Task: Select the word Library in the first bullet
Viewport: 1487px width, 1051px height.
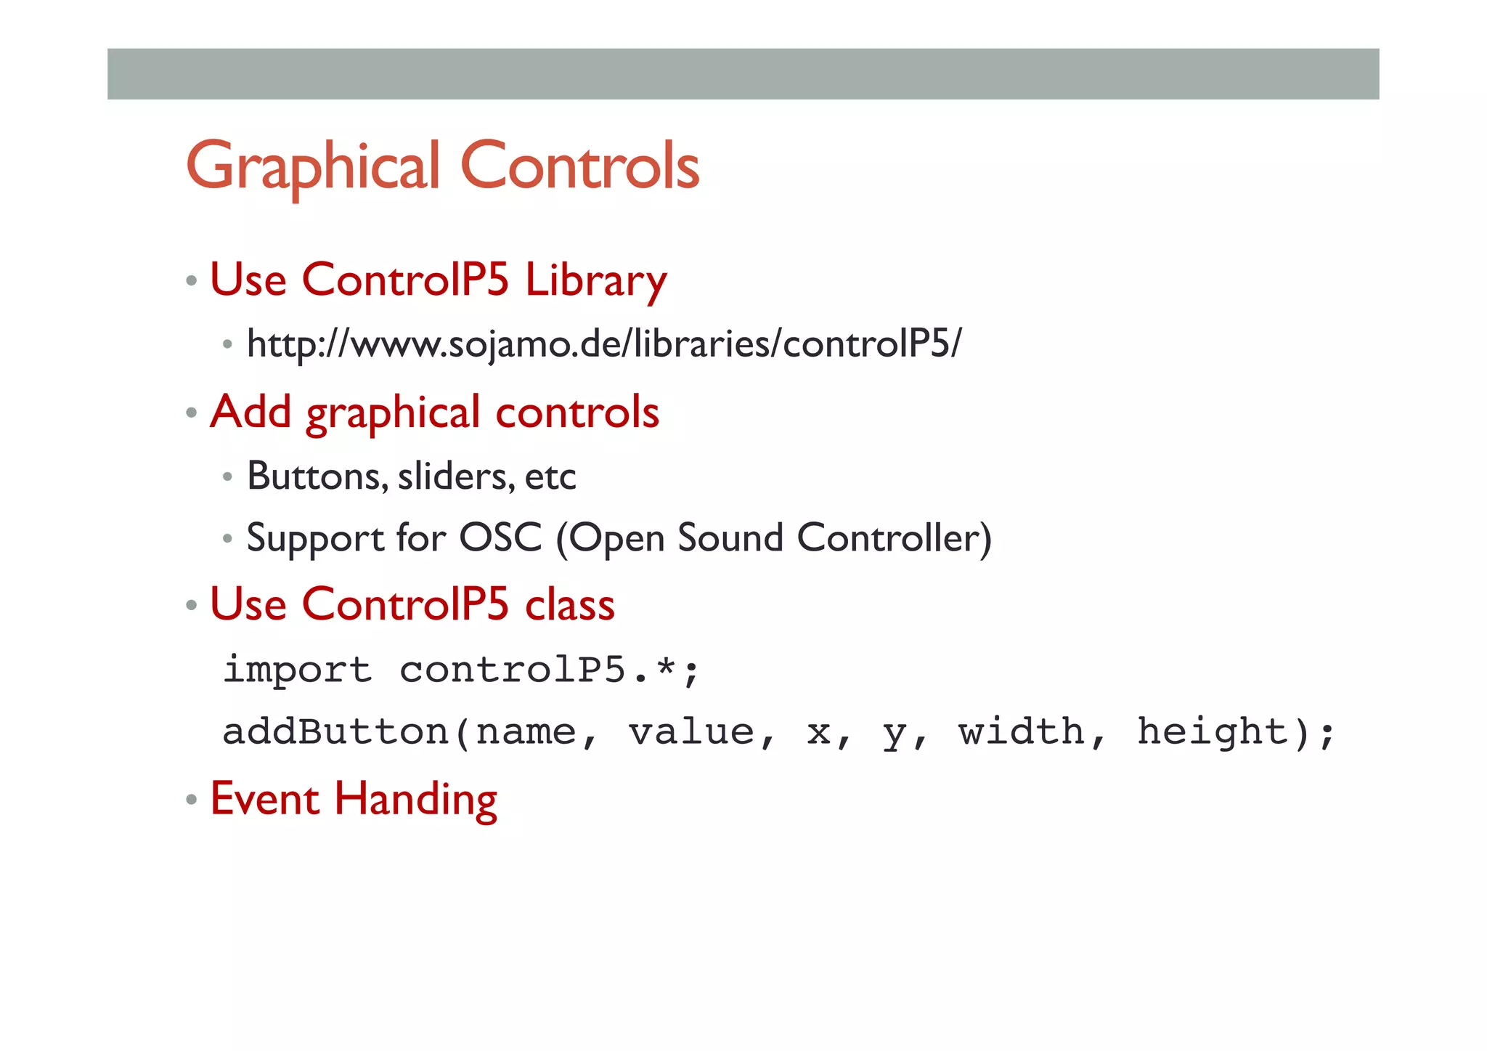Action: pos(595,280)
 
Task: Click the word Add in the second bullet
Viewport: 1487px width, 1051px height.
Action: pos(250,412)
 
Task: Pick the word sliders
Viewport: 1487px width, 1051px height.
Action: pos(455,476)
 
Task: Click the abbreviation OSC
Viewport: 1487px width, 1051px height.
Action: pos(501,538)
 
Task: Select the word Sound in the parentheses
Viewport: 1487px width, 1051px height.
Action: pos(730,538)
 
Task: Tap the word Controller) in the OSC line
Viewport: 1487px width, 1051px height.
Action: pos(894,538)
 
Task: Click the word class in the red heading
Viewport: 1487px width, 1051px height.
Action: pos(570,604)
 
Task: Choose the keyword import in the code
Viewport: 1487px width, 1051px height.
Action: pos(298,669)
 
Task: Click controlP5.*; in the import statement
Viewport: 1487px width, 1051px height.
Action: pos(549,669)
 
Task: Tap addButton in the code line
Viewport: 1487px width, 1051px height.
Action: pos(335,731)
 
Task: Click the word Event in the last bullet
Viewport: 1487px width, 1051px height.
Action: pos(265,799)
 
